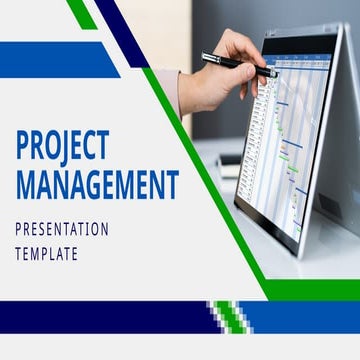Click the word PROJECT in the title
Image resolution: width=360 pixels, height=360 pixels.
[61, 146]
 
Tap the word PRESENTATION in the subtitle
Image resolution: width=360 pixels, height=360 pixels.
[61, 230]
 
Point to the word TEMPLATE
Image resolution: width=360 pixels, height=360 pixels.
[46, 254]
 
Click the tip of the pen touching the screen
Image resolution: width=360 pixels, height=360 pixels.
[274, 73]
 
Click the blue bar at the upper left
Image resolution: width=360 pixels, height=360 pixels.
[55, 59]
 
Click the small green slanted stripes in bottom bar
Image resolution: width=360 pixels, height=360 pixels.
[230, 316]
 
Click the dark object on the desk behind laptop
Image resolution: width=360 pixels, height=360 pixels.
[229, 164]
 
